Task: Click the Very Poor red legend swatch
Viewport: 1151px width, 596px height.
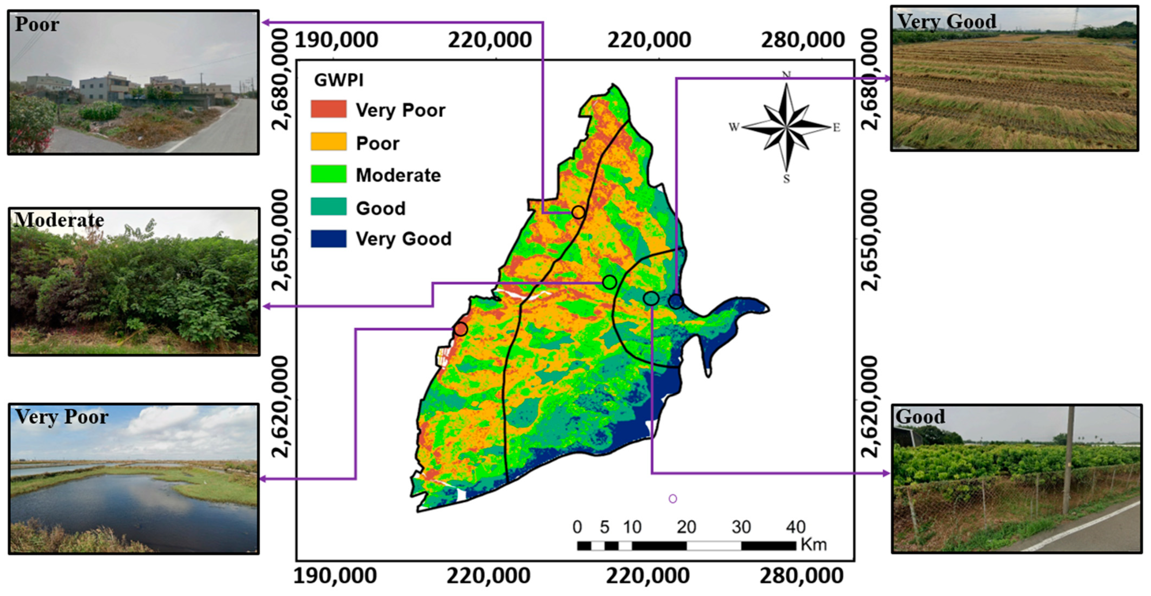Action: point(328,109)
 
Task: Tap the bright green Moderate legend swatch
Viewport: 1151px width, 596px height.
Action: point(328,174)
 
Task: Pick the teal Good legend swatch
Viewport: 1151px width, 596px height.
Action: point(328,206)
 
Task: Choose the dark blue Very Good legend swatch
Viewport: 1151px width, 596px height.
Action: point(328,239)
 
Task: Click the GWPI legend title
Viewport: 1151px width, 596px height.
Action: point(338,80)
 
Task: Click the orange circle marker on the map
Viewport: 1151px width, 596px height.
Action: point(578,212)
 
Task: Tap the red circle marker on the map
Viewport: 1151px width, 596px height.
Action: point(461,330)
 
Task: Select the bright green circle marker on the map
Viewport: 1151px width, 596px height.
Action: point(609,282)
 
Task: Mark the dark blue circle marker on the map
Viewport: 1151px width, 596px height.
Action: point(676,302)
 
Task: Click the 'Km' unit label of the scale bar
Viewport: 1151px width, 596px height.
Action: point(813,545)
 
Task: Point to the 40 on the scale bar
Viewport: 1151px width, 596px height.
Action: point(795,527)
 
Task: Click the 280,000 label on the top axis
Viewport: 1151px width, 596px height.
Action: point(803,40)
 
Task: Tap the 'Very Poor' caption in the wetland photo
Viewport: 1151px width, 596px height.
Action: point(62,416)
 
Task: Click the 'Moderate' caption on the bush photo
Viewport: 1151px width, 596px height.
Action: point(59,220)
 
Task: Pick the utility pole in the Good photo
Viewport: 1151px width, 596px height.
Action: point(1068,460)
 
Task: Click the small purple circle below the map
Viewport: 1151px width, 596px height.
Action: point(673,499)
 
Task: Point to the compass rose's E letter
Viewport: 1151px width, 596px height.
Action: point(836,128)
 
